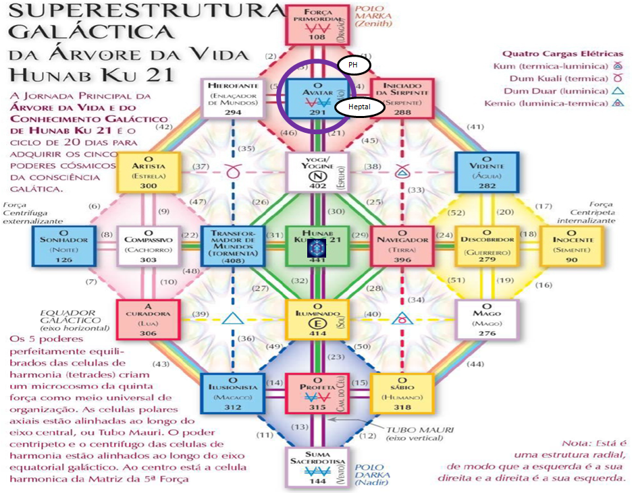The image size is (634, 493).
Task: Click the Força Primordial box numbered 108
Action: (x=313, y=24)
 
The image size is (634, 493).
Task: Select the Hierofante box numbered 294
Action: (x=231, y=98)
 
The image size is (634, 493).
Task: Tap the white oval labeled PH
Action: (x=353, y=65)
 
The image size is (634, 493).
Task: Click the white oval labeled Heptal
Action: (x=359, y=107)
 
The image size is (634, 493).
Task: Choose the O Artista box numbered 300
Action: (x=147, y=171)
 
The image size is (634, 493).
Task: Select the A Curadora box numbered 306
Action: (x=147, y=319)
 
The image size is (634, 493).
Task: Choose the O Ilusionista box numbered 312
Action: (x=231, y=393)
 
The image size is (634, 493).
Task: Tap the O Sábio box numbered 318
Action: (x=398, y=393)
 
